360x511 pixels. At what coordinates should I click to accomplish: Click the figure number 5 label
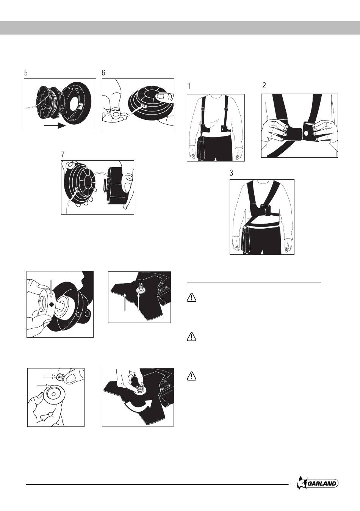click(26, 73)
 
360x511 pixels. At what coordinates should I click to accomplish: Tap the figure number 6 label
click(103, 73)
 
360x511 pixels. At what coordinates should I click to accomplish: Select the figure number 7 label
click(63, 154)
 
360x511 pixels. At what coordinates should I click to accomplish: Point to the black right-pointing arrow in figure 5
click(55, 125)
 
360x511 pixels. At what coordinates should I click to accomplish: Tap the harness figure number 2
click(264, 86)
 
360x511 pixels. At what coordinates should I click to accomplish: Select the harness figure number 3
click(232, 173)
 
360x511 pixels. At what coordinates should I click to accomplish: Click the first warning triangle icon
click(192, 298)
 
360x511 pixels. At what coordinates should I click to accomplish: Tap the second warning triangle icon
click(192, 337)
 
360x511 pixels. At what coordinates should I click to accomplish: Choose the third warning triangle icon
click(192, 376)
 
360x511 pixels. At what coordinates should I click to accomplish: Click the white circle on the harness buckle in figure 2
click(306, 133)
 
